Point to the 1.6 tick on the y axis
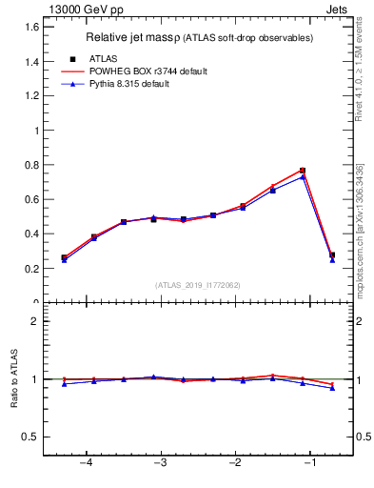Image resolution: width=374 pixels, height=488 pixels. click(x=29, y=27)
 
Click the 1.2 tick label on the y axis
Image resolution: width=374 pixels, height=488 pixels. click(x=29, y=96)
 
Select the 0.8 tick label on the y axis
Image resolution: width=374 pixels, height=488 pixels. click(x=29, y=165)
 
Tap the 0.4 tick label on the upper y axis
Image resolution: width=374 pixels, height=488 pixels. click(x=29, y=234)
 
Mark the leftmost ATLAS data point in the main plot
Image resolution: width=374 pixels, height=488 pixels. click(x=64, y=257)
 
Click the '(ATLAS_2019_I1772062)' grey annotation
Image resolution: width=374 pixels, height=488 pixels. click(x=197, y=285)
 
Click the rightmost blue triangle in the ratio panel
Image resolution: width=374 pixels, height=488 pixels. click(x=332, y=388)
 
